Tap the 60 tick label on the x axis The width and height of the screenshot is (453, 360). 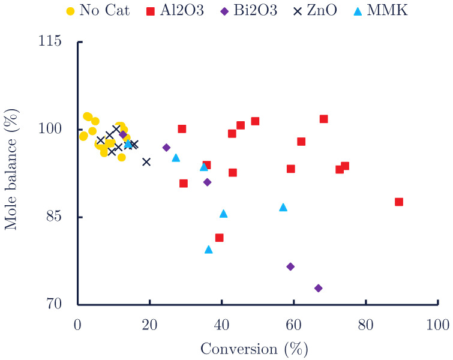point(293,324)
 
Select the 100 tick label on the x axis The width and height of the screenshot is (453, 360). point(437,324)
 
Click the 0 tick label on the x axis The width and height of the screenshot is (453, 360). point(77,324)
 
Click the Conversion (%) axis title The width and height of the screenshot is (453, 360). point(253,348)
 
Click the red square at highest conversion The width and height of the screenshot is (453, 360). point(399,202)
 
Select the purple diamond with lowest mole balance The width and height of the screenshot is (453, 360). point(319,288)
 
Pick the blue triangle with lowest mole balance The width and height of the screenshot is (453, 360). point(209,250)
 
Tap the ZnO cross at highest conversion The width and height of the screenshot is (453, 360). point(146,161)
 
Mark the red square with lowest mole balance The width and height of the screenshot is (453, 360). point(220,238)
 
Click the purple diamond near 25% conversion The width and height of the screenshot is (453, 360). point(166,148)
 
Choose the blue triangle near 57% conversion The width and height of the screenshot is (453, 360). point(283,208)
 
